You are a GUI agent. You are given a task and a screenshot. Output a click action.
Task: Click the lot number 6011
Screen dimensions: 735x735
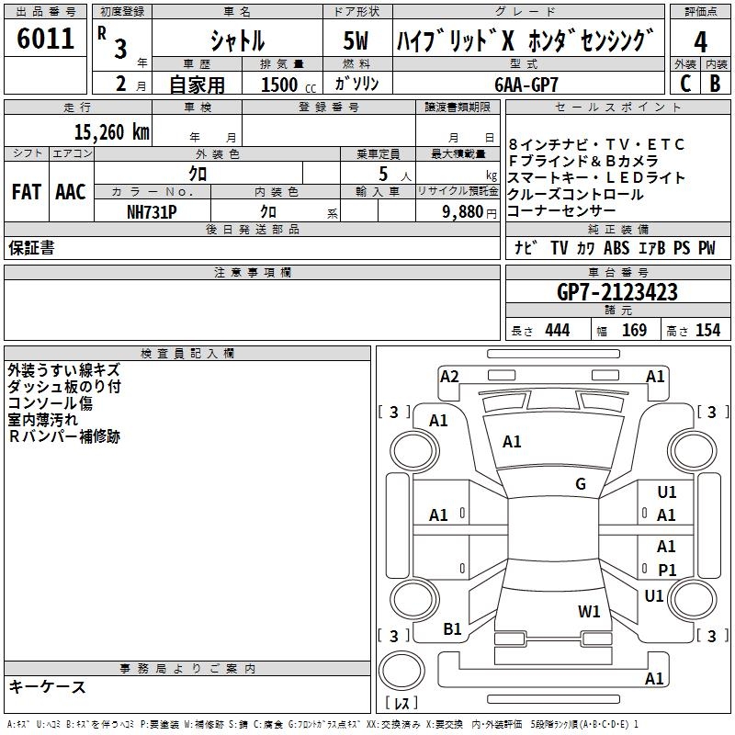45,40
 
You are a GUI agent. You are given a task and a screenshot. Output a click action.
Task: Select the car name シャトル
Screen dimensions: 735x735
237,40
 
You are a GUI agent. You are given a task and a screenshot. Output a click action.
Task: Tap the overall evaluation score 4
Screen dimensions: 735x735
700,41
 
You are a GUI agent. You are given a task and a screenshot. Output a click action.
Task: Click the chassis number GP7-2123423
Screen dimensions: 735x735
617,292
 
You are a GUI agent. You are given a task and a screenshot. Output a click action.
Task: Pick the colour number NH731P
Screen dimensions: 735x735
152,210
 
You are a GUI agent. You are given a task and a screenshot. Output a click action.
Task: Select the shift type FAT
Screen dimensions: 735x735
26,192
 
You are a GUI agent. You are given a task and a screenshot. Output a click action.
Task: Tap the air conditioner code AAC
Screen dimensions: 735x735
70,192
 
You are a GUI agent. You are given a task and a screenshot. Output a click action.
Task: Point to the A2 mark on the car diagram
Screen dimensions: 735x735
449,376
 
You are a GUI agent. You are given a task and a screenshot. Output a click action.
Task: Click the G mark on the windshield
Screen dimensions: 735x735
581,483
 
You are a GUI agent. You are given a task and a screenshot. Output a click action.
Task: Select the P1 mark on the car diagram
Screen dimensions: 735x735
667,570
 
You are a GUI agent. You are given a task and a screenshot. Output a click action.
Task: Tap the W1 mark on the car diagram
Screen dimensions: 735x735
589,611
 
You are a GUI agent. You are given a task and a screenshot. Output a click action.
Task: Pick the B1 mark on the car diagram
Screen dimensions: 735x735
452,628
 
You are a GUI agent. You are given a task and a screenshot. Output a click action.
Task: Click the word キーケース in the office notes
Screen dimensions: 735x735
48,686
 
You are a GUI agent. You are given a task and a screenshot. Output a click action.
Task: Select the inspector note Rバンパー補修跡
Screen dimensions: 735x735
64,436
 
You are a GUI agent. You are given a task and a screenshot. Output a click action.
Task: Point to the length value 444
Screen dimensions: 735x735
557,331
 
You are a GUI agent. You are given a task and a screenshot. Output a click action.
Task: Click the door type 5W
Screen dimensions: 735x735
356,40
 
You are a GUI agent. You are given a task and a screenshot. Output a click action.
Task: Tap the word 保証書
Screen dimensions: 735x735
31,248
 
